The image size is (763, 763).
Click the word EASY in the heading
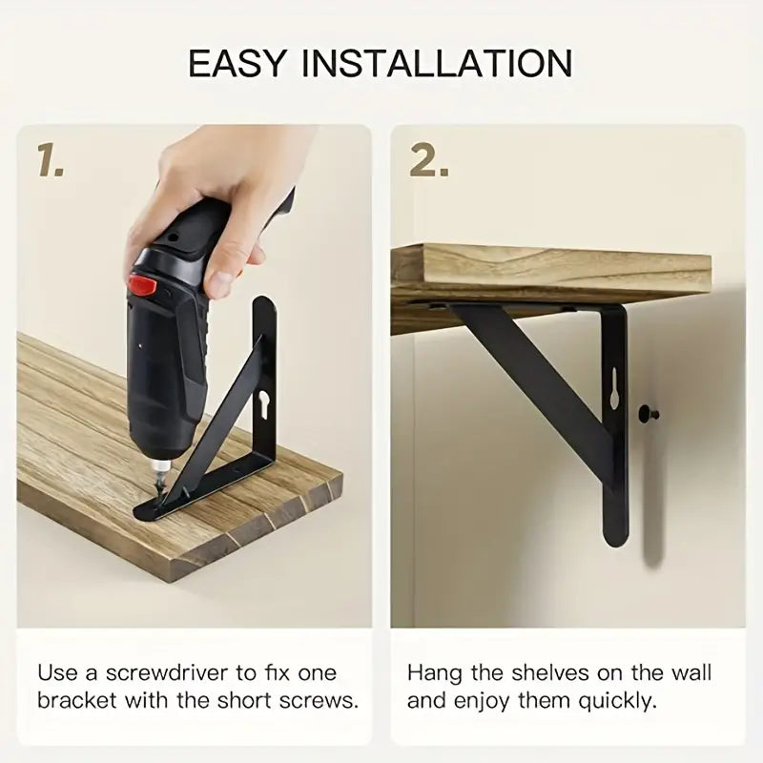click(x=236, y=63)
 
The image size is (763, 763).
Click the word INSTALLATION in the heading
click(x=437, y=63)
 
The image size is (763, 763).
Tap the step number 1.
click(x=51, y=160)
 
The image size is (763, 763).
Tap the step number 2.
click(x=428, y=160)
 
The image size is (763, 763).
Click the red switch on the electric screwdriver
click(x=142, y=285)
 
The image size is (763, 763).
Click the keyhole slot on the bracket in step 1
click(x=264, y=403)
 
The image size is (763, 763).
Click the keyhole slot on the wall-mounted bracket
click(x=614, y=388)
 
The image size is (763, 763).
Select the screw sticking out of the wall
click(x=649, y=414)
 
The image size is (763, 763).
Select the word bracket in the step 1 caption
click(x=78, y=701)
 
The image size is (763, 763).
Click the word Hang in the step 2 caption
click(x=435, y=673)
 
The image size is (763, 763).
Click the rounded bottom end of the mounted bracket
click(x=615, y=535)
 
